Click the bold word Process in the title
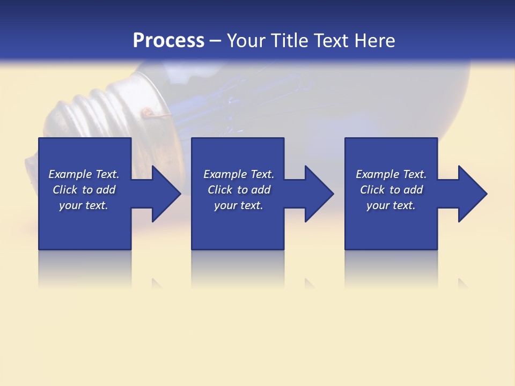(x=168, y=40)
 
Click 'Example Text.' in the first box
(x=84, y=174)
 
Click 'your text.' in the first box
(x=84, y=205)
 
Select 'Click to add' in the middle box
(x=239, y=190)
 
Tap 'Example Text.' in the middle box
(x=239, y=174)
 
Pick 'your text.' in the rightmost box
(x=391, y=205)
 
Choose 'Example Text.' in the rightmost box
(x=391, y=174)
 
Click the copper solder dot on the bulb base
(x=145, y=112)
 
